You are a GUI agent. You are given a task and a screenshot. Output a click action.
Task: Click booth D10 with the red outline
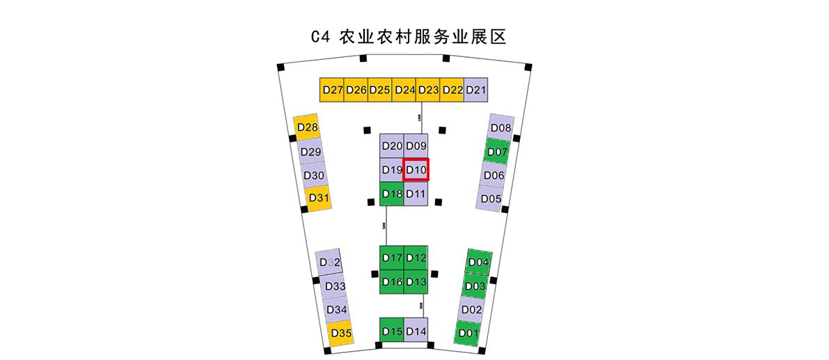point(416,169)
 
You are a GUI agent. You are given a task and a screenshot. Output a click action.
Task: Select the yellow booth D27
point(333,90)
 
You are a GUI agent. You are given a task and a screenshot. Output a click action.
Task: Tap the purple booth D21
point(476,90)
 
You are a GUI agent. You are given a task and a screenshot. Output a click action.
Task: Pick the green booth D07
point(498,152)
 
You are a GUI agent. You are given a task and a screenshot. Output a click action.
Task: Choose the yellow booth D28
point(307,127)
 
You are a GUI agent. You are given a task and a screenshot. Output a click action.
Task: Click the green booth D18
point(392,193)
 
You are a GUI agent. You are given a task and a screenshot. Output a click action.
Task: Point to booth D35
point(340,332)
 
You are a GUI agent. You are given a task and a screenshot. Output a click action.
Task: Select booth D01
point(468,333)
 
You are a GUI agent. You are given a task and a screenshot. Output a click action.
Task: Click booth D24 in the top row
point(404,90)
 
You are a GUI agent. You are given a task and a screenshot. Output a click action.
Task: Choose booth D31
point(318,198)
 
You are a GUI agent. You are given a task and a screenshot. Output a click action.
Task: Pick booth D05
point(491,198)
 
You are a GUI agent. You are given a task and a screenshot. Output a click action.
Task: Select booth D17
point(392,258)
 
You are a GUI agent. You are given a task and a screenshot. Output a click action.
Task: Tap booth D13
point(416,281)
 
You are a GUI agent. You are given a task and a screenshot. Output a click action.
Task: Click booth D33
point(335,286)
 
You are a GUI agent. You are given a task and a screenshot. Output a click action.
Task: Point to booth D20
point(392,146)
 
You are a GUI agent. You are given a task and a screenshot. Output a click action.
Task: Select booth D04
point(479,262)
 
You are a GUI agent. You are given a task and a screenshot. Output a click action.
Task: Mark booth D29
point(310,152)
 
